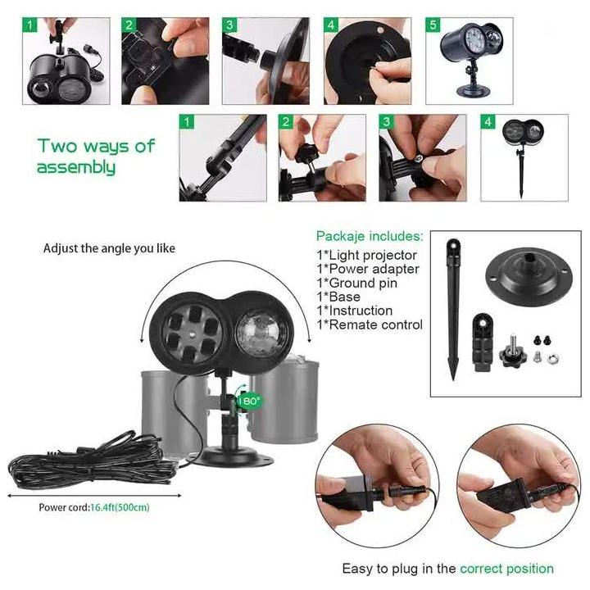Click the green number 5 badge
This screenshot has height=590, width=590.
433,25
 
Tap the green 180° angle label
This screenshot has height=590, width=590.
249,401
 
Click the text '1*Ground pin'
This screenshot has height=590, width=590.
356,283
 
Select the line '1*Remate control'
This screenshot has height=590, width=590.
370,324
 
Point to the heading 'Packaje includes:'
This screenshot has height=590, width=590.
370,236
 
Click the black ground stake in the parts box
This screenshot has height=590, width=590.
453,309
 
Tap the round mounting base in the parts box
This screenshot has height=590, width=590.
529,276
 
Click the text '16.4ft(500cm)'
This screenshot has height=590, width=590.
120,507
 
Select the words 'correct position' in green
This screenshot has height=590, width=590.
506,568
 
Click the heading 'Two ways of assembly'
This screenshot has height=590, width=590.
96,157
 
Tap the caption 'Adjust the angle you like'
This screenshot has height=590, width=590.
109,248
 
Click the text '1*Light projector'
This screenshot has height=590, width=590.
366,255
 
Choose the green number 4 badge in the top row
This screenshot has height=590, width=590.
331,25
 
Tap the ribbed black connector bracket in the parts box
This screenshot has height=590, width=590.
483,343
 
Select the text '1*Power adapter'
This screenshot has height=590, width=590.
368,269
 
